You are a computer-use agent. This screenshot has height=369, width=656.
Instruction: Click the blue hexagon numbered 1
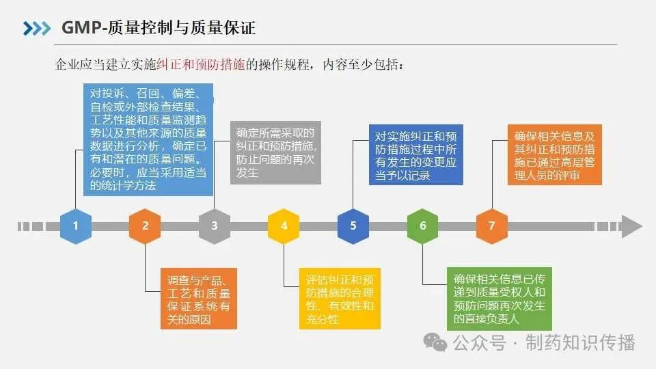click(x=75, y=225)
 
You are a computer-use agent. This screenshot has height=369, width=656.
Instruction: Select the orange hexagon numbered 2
click(x=145, y=225)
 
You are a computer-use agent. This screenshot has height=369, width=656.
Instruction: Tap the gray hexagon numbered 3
click(x=215, y=225)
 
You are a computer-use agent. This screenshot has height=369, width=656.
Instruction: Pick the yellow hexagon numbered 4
click(x=284, y=225)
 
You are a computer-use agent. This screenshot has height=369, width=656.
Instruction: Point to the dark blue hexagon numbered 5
click(x=353, y=225)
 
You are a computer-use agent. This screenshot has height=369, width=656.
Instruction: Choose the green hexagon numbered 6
click(x=423, y=225)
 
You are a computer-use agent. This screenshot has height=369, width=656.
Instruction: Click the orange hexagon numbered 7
click(x=492, y=225)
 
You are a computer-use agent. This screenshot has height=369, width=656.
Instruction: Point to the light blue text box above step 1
click(x=148, y=139)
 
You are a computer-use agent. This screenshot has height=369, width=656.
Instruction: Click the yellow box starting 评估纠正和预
click(x=340, y=299)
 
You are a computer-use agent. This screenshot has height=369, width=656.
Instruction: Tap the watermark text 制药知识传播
click(x=580, y=341)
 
